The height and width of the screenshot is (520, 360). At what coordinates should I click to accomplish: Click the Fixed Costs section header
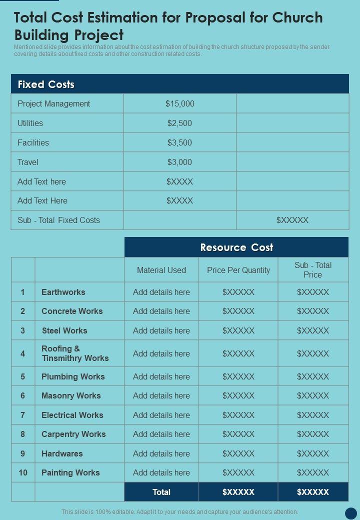pos(46,84)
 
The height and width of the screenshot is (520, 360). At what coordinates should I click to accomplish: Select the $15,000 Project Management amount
pos(179,104)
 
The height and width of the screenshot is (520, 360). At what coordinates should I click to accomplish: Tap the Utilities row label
pos(30,123)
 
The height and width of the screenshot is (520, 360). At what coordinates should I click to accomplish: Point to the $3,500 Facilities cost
pos(179,142)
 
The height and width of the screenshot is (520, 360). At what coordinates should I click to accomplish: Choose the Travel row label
pos(28,162)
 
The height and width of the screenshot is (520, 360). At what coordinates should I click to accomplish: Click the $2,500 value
pos(179,123)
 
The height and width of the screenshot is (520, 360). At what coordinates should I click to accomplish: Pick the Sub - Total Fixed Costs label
pos(58,220)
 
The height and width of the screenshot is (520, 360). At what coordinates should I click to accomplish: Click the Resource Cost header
pos(236,247)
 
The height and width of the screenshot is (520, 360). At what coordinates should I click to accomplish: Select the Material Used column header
pos(161,270)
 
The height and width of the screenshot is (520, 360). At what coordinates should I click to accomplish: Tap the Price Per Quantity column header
pos(238,270)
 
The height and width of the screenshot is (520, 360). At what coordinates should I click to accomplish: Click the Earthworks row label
pos(63,292)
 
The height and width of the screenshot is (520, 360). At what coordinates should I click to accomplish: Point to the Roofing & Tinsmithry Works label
pos(75,353)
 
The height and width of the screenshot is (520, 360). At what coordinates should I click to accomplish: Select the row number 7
pos(22,415)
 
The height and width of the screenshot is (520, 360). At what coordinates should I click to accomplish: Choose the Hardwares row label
pos(62,453)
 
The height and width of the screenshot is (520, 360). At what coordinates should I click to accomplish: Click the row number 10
pos(23,472)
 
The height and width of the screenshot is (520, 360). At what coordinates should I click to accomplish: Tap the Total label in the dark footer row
pos(161,492)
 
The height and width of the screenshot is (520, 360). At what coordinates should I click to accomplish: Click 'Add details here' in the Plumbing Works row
pos(161,376)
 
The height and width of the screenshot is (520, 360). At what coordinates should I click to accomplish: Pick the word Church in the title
pos(297,18)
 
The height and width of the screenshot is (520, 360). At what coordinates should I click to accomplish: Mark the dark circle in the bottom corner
pos(351,513)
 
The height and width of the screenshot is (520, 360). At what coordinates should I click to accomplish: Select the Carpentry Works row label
pos(73,434)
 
